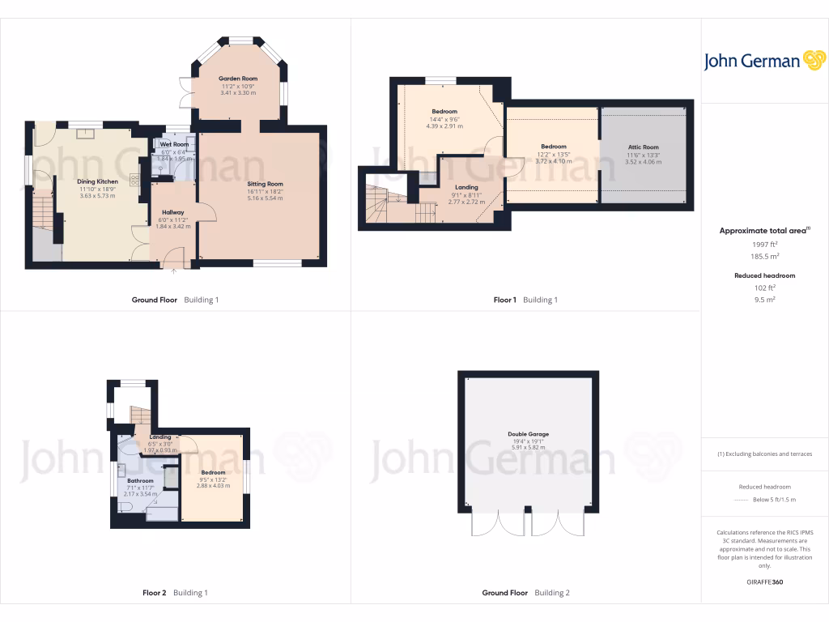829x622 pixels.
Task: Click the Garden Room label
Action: pyautogui.click(x=238, y=79)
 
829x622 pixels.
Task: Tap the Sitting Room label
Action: pyautogui.click(x=265, y=184)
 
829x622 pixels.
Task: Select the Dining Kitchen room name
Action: pyautogui.click(x=98, y=181)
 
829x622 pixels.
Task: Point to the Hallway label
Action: pyautogui.click(x=172, y=212)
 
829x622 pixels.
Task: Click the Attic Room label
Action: pyautogui.click(x=644, y=147)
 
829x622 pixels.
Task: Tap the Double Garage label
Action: pyautogui.click(x=529, y=434)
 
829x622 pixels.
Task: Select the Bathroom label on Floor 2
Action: pyautogui.click(x=139, y=480)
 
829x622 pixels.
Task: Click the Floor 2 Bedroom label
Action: pyautogui.click(x=213, y=472)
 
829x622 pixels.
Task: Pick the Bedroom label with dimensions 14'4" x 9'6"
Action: pyautogui.click(x=444, y=112)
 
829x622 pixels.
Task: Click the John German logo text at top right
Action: pyautogui.click(x=751, y=62)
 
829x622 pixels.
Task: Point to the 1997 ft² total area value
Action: pyautogui.click(x=764, y=244)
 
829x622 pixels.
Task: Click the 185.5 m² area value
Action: pyautogui.click(x=764, y=256)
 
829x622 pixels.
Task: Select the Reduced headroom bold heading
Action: pyautogui.click(x=764, y=275)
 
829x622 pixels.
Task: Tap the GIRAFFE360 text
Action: pyautogui.click(x=764, y=582)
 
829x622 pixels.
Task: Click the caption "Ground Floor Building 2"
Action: pyautogui.click(x=525, y=593)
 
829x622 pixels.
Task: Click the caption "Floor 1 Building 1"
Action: pyautogui.click(x=525, y=300)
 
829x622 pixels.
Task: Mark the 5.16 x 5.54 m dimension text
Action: pyautogui.click(x=265, y=198)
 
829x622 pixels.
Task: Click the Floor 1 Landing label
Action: pyautogui.click(x=466, y=187)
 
